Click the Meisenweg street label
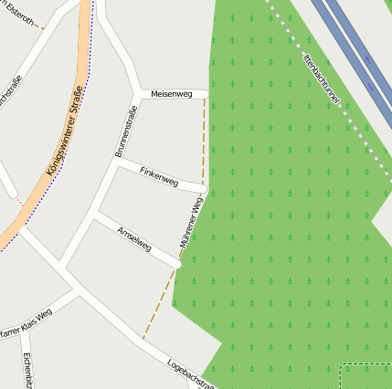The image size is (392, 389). pyautogui.click(x=172, y=94)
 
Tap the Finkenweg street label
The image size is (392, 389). pyautogui.click(x=158, y=173)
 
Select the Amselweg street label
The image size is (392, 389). pyautogui.click(x=134, y=236)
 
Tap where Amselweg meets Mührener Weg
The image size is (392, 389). pyautogui.click(x=177, y=266)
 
